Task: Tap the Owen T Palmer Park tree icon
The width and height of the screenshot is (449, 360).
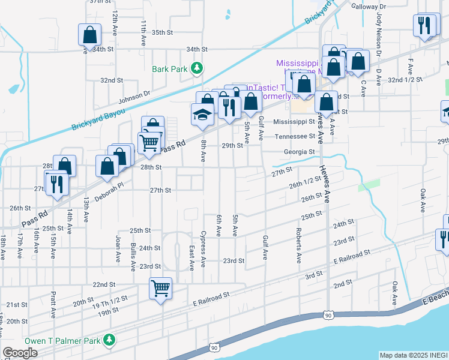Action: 109,341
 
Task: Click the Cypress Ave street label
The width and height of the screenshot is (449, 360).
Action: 203,248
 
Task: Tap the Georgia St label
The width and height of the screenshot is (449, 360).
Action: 300,152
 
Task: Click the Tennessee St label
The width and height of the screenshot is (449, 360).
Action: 295,136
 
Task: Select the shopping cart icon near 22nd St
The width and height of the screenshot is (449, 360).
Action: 161,289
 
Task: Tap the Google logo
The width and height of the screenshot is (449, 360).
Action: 20,353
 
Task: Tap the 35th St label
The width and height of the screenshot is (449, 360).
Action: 162,32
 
